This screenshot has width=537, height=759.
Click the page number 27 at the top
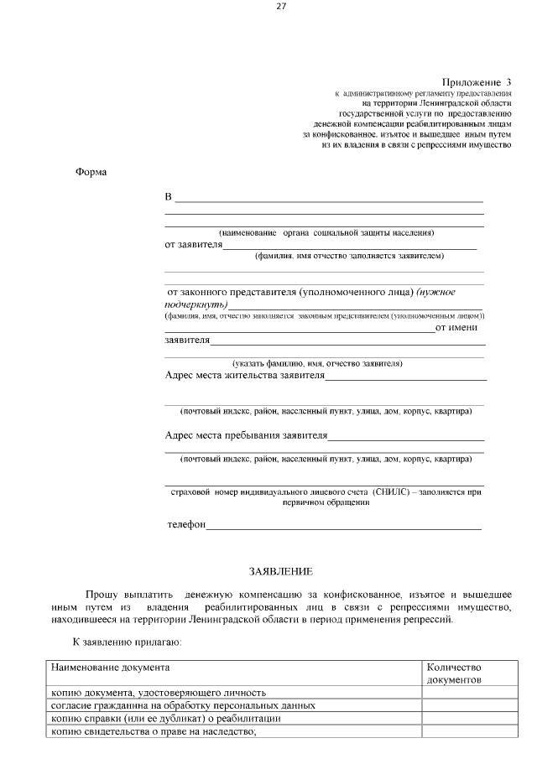point(281,7)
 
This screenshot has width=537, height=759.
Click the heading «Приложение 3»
point(476,82)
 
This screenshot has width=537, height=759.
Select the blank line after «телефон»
point(344,527)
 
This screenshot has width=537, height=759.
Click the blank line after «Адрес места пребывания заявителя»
point(406,438)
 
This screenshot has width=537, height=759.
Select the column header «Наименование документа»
point(110,668)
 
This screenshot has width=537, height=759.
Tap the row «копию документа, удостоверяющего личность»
point(159,693)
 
